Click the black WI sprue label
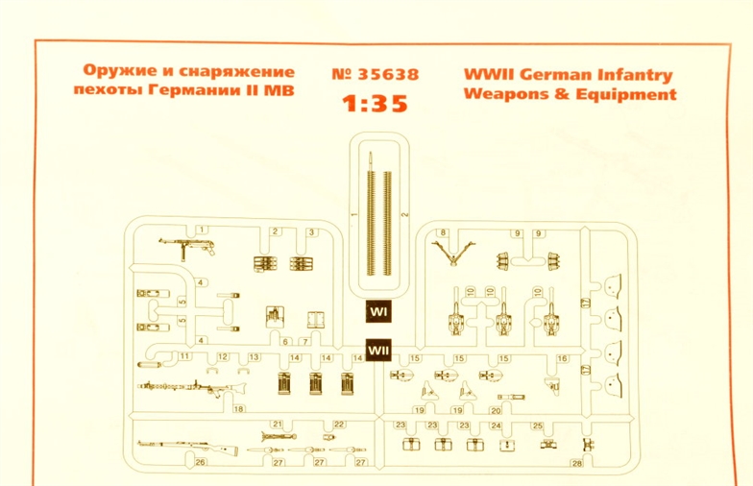coord(377,313)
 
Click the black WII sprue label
coord(377,351)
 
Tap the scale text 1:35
coord(376,105)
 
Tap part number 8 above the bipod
coord(443,233)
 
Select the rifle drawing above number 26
coord(182,447)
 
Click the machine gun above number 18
coord(192,387)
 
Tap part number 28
coord(576,463)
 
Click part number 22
coord(338,424)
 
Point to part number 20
coord(496,410)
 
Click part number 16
coord(563,358)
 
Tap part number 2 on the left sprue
coord(275,231)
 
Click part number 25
coord(537,425)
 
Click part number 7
coord(304,341)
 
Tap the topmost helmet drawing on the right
coord(612,285)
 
